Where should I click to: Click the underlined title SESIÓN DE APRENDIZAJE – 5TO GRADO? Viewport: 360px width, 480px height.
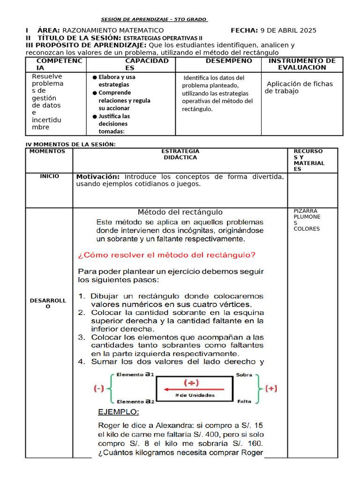tap(155, 19)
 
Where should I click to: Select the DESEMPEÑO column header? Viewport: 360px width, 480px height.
tap(229, 61)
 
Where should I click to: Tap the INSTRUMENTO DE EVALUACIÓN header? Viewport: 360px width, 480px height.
tap(302, 64)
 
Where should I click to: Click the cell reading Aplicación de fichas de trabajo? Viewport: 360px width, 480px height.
tap(300, 87)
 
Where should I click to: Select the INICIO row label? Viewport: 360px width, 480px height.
tap(50, 176)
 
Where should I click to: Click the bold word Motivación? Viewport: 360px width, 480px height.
tap(97, 177)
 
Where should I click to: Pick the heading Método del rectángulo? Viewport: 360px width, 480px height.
tap(180, 212)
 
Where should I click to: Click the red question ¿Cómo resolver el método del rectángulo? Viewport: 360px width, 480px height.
tap(166, 255)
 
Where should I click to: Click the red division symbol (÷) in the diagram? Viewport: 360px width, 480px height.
tap(192, 383)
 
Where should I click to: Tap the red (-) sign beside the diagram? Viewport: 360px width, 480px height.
tap(99, 388)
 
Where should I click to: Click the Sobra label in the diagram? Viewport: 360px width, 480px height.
tap(244, 375)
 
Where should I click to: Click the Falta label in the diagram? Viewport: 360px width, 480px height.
tap(244, 402)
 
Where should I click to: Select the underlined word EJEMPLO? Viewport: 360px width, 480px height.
tap(118, 412)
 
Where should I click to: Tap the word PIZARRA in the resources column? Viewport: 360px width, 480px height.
tap(305, 211)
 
